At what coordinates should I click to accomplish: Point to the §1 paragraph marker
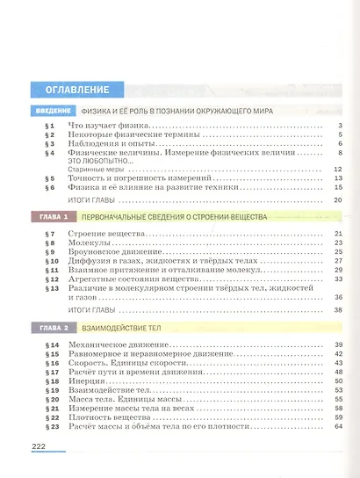[49, 127]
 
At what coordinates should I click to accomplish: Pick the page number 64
[336, 426]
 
